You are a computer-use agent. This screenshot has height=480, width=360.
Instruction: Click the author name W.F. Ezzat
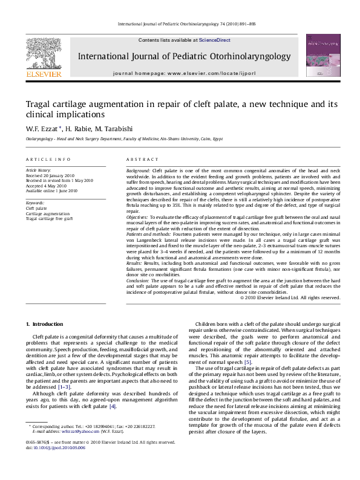[42, 128]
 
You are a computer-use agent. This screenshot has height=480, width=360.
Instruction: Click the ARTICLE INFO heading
[48, 159]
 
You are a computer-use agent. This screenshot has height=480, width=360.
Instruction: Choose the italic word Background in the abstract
[138, 172]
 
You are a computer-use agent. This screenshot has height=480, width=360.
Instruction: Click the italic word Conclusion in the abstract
[139, 281]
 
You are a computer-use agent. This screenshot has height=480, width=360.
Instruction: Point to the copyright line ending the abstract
[290, 297]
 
